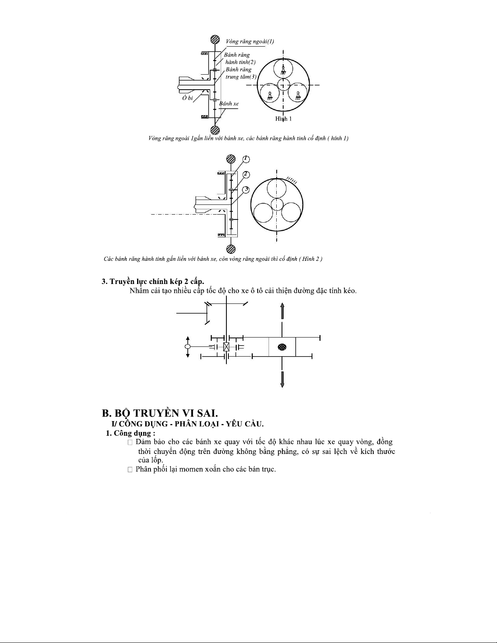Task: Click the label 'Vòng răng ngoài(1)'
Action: pyautogui.click(x=250, y=41)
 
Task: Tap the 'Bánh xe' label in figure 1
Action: pyautogui.click(x=229, y=103)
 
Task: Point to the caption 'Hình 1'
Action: pyautogui.click(x=283, y=119)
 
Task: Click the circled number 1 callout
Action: pyautogui.click(x=246, y=159)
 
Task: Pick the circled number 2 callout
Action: pyautogui.click(x=246, y=174)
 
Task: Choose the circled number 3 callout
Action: pyautogui.click(x=246, y=189)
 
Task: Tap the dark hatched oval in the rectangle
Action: pyautogui.click(x=282, y=347)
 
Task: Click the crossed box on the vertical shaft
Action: pyautogui.click(x=226, y=347)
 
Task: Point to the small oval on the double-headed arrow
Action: pyautogui.click(x=187, y=347)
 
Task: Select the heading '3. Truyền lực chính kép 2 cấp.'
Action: pyautogui.click(x=153, y=282)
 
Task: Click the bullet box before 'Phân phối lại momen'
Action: pyautogui.click(x=130, y=469)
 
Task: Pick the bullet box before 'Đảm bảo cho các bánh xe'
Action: pyautogui.click(x=130, y=442)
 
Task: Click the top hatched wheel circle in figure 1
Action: pyautogui.click(x=215, y=40)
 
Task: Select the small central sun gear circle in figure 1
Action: pyautogui.click(x=283, y=85)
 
